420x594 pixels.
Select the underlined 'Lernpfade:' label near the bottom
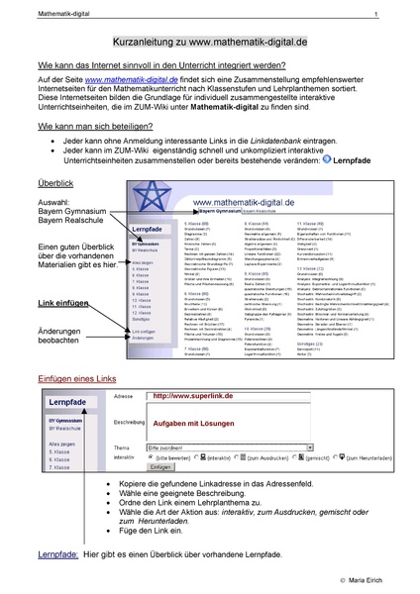(x=56, y=551)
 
